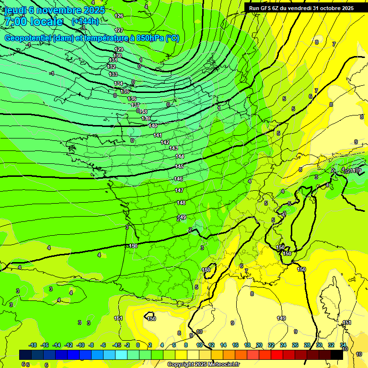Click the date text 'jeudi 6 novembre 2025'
tap(55, 10)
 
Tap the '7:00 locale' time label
tap(34, 22)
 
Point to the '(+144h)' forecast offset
tap(85, 22)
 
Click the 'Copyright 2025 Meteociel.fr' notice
tap(203, 364)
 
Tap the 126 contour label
tap(119, 16)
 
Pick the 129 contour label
tap(119, 49)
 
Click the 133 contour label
tap(113, 74)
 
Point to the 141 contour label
tap(158, 135)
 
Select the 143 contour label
tap(173, 148)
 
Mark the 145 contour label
tap(179, 166)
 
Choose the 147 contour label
tap(179, 190)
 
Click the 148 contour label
tap(181, 203)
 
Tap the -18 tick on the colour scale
tap(33, 345)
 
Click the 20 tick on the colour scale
tap(259, 345)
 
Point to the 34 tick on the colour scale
tap(343, 345)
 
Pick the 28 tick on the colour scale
tap(307, 345)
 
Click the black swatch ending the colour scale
tap(337, 355)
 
